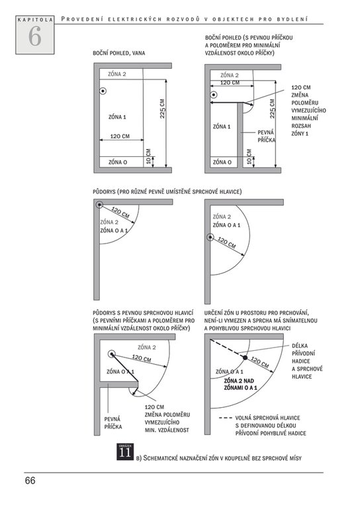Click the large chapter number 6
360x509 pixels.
pyautogui.click(x=34, y=36)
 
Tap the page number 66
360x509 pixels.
pyautogui.click(x=30, y=481)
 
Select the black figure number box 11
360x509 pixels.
pyautogui.click(x=125, y=451)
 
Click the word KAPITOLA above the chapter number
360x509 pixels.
pyautogui.click(x=35, y=20)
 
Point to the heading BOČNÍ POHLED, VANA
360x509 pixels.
pyautogui.click(x=119, y=53)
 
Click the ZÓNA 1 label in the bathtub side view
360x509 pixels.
pyautogui.click(x=117, y=117)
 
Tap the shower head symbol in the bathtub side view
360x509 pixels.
pyautogui.click(x=103, y=91)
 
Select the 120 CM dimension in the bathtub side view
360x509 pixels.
pyautogui.click(x=120, y=136)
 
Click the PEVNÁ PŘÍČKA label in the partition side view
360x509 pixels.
pyautogui.click(x=266, y=136)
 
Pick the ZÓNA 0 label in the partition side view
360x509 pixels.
pyautogui.click(x=222, y=162)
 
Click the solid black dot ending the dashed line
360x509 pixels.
pyautogui.click(x=245, y=357)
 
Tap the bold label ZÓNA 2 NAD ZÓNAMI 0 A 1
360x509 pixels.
pyautogui.click(x=240, y=384)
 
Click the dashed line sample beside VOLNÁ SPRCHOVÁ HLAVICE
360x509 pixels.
pyautogui.click(x=225, y=418)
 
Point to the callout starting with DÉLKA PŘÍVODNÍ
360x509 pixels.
pyautogui.click(x=307, y=361)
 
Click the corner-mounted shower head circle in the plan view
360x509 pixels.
pyautogui.click(x=99, y=205)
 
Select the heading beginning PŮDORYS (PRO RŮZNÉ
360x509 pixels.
pyautogui.click(x=167, y=191)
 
